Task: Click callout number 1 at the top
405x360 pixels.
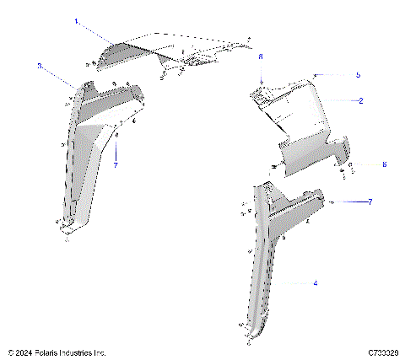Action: click(76, 20)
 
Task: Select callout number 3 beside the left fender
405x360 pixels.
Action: click(40, 65)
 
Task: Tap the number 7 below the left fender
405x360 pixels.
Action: click(116, 165)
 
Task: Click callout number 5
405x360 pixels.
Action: click(358, 75)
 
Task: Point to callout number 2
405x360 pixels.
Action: click(361, 101)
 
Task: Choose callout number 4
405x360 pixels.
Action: click(316, 284)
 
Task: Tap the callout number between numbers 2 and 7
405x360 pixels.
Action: click(360, 164)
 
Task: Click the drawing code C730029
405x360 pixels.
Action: click(383, 352)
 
